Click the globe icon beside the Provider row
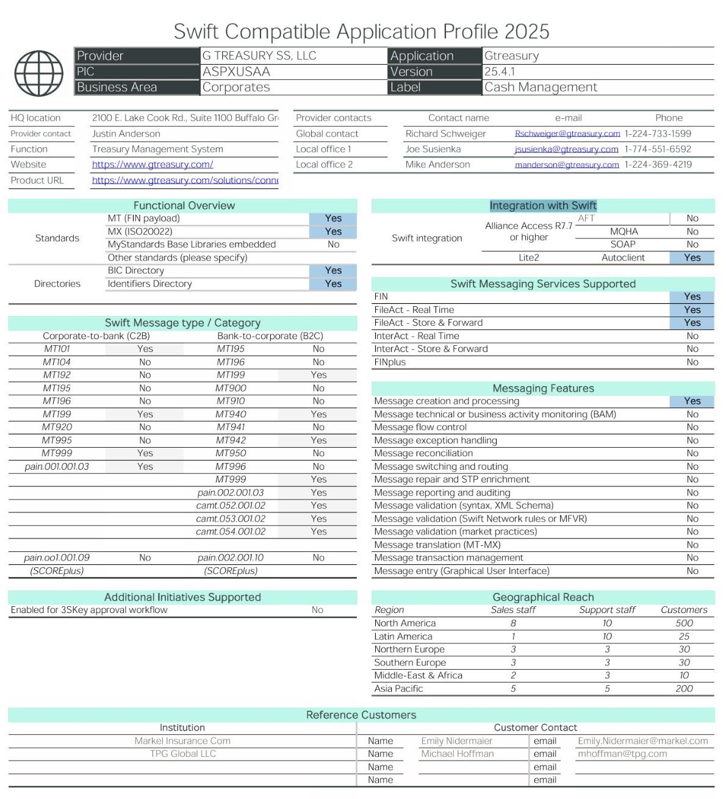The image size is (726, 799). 38,73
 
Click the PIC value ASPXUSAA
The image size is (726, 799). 236,71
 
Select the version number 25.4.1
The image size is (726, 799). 500,71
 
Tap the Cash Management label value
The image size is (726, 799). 541,87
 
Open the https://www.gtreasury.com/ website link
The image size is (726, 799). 153,165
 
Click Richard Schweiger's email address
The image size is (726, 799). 567,134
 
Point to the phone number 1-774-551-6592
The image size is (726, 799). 658,149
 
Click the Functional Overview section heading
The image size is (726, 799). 184,206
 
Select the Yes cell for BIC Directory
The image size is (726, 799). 333,271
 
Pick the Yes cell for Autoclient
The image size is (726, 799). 692,258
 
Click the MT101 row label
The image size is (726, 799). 56,349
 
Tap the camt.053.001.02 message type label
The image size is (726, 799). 231,519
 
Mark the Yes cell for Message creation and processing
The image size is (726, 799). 692,401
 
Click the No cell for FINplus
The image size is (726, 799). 692,362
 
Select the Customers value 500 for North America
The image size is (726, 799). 684,623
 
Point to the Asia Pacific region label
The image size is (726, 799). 398,689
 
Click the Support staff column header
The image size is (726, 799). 607,610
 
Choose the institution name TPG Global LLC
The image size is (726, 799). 183,754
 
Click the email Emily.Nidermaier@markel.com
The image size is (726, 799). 642,741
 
